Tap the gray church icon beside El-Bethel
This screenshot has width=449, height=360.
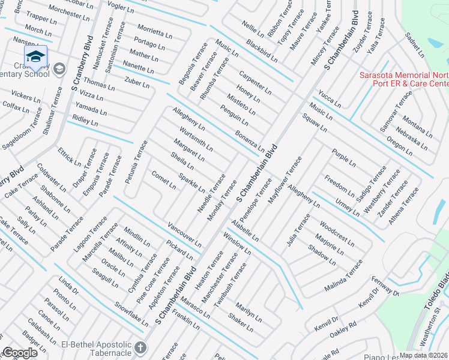[x=140, y=348]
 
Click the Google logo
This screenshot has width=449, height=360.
[x=20, y=353]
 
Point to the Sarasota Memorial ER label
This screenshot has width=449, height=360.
[x=403, y=79]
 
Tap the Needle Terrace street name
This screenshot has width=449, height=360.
[x=211, y=193]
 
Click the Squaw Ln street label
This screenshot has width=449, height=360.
[x=315, y=122]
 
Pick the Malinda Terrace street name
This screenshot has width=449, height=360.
[x=345, y=275]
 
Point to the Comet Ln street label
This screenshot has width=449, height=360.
[x=163, y=180]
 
